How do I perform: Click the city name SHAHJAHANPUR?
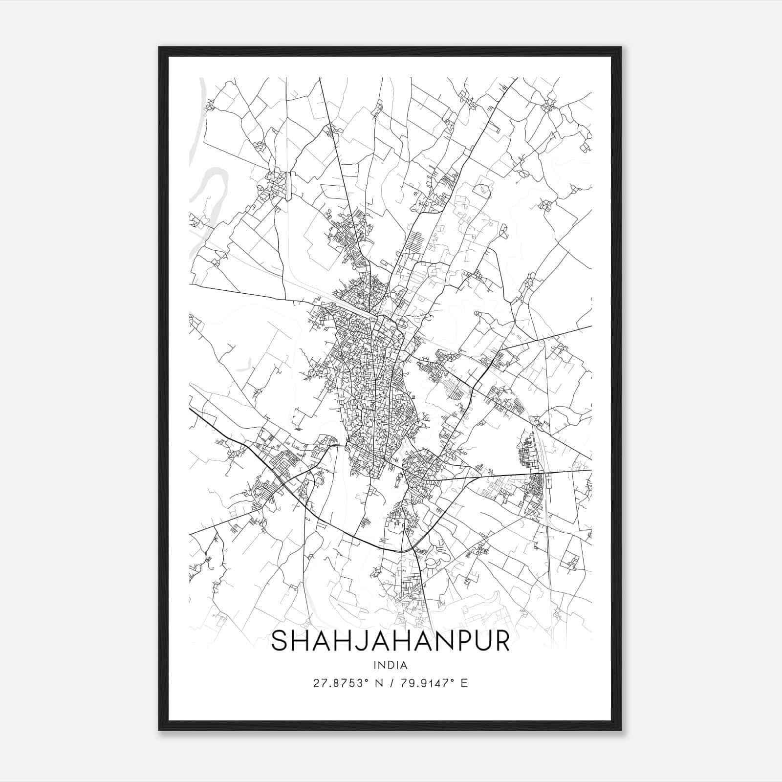[390, 641]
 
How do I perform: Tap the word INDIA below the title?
[390, 665]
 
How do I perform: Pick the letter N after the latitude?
[378, 683]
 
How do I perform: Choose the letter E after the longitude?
[464, 683]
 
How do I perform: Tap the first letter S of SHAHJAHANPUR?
[279, 641]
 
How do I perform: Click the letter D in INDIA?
[391, 665]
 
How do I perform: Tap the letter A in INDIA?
[404, 665]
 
